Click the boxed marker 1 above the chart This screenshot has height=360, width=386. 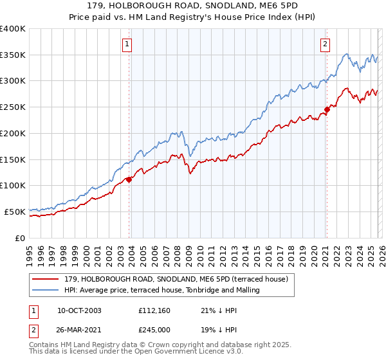point(127,44)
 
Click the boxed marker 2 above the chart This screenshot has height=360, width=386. point(326,44)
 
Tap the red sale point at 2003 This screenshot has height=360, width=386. point(129,179)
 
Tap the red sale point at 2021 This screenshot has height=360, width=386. point(327,110)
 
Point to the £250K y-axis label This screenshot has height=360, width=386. point(13,107)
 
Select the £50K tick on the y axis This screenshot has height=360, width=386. point(15,212)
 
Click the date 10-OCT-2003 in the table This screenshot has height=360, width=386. point(79,310)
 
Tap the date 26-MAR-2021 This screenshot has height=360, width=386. point(79,330)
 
